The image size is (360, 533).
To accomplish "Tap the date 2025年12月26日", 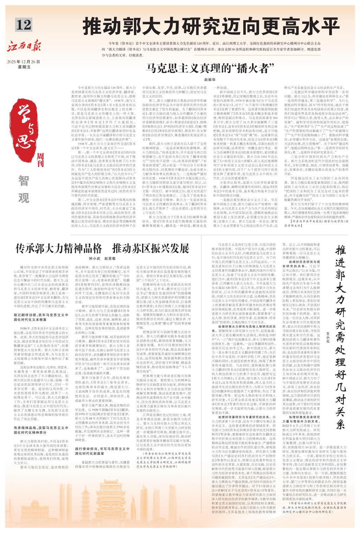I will [24, 62].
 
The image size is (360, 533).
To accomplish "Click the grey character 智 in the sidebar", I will [24, 181].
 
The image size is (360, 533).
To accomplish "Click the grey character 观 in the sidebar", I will [24, 198].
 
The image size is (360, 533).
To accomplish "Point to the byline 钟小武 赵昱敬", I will [104, 258].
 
